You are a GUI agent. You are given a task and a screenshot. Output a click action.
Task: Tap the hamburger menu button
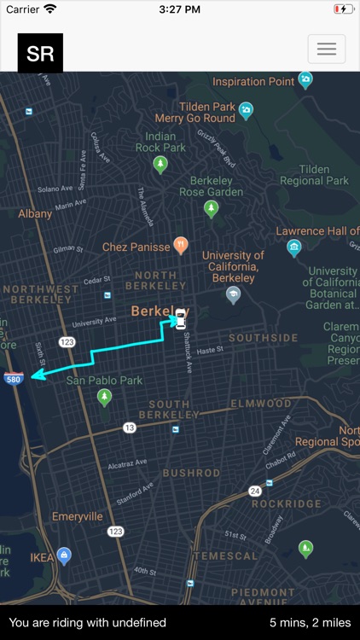[x=327, y=49]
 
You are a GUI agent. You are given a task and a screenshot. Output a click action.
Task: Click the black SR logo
[x=40, y=53]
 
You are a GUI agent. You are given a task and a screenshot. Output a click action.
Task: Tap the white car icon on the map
[x=180, y=320]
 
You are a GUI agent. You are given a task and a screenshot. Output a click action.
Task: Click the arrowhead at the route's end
[x=35, y=374]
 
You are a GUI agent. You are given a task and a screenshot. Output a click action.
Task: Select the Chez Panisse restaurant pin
[x=181, y=246]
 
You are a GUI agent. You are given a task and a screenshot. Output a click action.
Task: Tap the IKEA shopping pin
[x=64, y=556]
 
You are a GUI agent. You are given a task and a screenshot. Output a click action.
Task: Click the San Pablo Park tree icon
[x=105, y=397]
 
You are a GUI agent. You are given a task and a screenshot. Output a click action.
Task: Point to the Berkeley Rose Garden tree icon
[x=212, y=208]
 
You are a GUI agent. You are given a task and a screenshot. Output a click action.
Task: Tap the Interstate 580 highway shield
[x=14, y=378]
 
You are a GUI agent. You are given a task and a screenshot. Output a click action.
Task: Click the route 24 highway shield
[x=254, y=491]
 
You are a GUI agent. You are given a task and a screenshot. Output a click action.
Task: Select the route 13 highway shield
[x=130, y=427]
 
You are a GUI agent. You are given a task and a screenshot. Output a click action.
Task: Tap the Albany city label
[x=35, y=213]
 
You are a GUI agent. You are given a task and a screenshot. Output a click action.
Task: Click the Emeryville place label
[x=77, y=516]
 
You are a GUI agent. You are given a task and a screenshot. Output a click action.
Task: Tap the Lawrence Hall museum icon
[x=294, y=248]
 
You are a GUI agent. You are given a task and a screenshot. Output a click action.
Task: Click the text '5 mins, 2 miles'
[x=310, y=623]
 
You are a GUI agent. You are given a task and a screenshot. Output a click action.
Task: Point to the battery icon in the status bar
[x=343, y=9]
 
